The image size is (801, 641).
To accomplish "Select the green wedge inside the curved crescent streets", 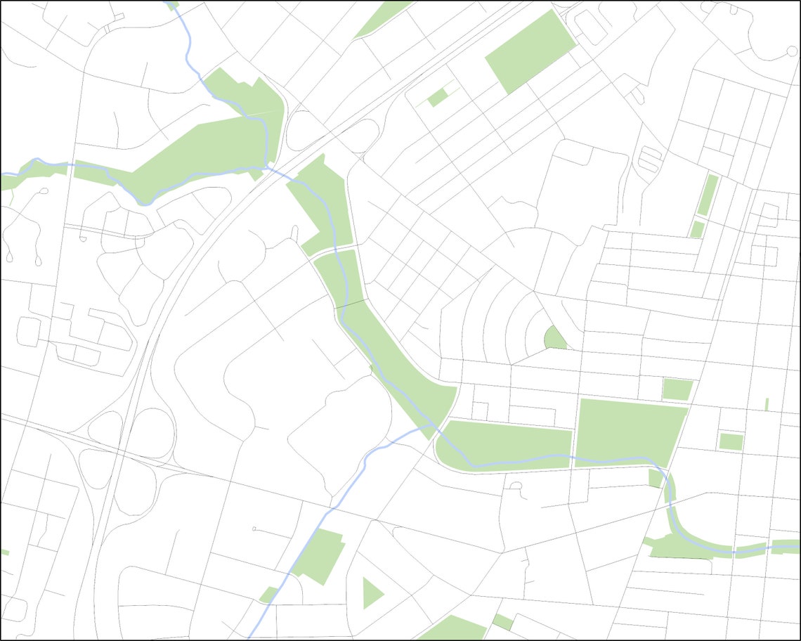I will [555, 339].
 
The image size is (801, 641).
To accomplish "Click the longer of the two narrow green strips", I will [708, 195].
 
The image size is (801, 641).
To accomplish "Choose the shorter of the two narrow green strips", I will [697, 229].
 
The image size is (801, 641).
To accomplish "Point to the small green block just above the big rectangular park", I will [677, 389].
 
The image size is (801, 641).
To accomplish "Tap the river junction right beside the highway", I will [266, 167].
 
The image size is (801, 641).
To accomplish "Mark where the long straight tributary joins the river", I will [430, 425].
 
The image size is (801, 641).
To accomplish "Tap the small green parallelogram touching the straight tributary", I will [268, 595].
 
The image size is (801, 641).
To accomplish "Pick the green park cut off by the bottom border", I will [453, 629].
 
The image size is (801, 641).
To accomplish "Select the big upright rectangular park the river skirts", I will [629, 432].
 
